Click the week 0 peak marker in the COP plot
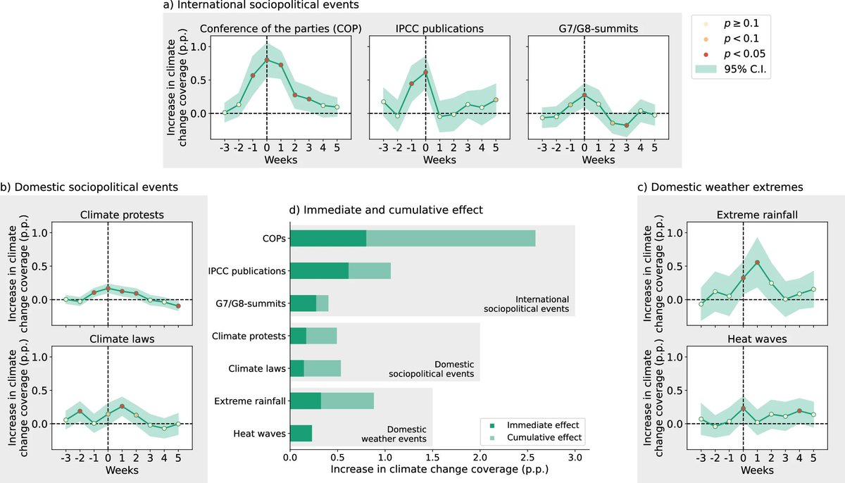(267, 60)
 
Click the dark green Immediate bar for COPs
(327, 238)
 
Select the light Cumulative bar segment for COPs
(451, 238)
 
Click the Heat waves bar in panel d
(301, 433)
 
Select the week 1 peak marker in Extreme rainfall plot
(757, 263)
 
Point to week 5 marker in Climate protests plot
(178, 306)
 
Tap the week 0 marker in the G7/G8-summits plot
(584, 95)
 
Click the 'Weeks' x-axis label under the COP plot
(280, 160)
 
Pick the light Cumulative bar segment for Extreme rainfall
(347, 401)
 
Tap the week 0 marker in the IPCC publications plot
(425, 73)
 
